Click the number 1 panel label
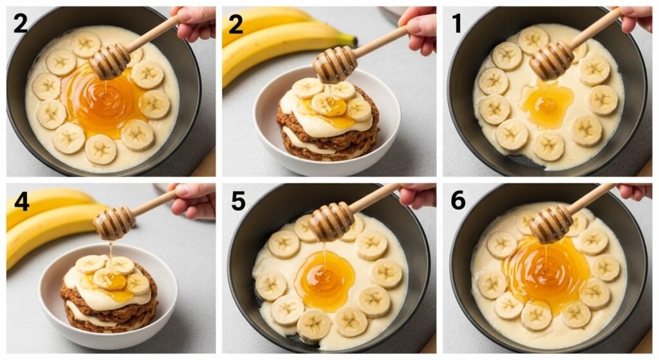pos(457,23)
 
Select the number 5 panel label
pos(238,201)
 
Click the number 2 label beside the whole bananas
pos(236,25)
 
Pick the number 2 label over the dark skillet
pos(21,23)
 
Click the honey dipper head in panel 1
pos(552,61)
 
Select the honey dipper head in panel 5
pos(331,222)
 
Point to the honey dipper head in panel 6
pos(551,224)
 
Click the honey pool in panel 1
pos(546,103)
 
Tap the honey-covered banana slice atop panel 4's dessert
pos(109,279)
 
